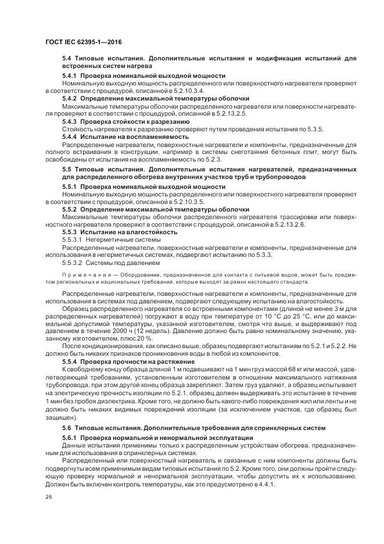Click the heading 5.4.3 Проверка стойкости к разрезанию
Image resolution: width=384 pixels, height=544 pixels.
(125, 121)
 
